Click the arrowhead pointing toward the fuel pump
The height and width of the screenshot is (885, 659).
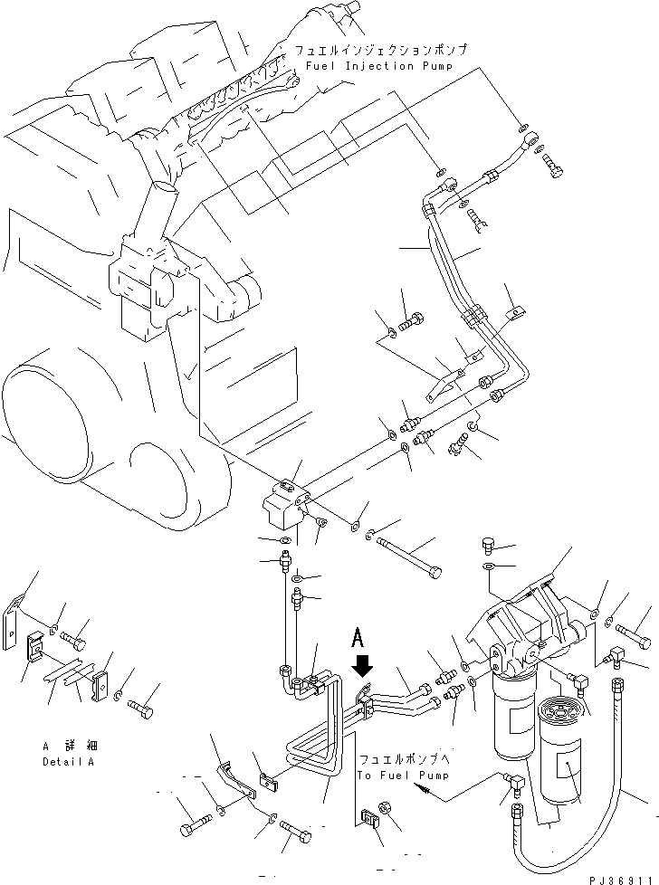(x=419, y=789)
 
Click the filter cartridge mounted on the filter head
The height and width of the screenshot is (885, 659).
(x=513, y=719)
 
